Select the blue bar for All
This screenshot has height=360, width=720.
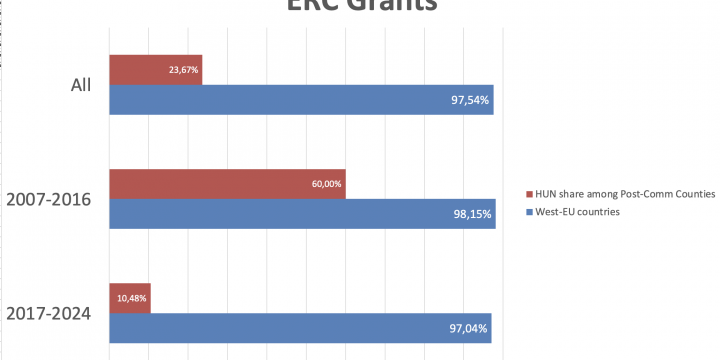pos(300,100)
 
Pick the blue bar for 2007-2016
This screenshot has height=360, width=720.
pos(300,214)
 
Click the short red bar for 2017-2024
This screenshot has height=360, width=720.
pos(129,299)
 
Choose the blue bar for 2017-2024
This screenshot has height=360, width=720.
pos(300,329)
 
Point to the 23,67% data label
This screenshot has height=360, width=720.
pos(184,70)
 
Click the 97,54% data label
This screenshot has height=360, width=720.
pos(469,100)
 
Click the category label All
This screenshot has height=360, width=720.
pos(80,85)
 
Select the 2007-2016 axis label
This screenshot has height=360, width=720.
pos(49,199)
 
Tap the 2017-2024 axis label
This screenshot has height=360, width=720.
pos(49,314)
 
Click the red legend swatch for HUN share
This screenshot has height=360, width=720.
pos(529,193)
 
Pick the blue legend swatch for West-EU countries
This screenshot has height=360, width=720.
pos(529,212)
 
